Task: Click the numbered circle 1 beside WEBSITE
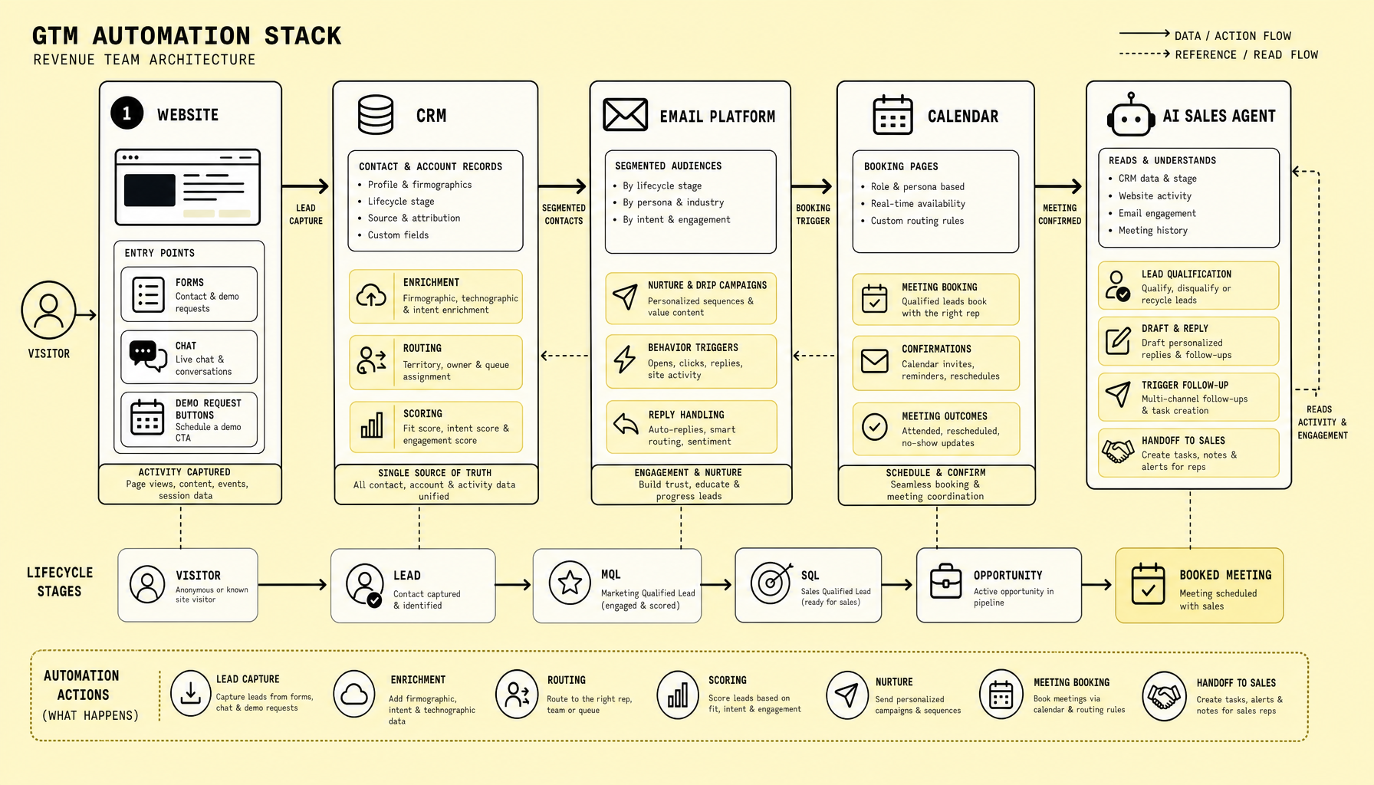[127, 113]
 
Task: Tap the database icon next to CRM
[376, 115]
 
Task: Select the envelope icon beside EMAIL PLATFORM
[625, 115]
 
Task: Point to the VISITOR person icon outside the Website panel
[48, 310]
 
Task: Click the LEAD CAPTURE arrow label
[306, 215]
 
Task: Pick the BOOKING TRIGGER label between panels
[813, 215]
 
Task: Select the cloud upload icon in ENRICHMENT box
[372, 295]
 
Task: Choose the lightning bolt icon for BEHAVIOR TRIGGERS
[625, 358]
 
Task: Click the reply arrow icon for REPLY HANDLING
[626, 423]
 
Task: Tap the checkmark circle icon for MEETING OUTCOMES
[874, 426]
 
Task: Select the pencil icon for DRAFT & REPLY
[1118, 340]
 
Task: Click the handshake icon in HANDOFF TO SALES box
[1118, 451]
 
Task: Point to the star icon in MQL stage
[570, 583]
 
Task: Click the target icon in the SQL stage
[771, 583]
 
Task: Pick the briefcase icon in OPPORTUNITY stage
[945, 581]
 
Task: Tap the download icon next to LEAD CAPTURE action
[190, 693]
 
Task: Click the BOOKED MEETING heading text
[1225, 575]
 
